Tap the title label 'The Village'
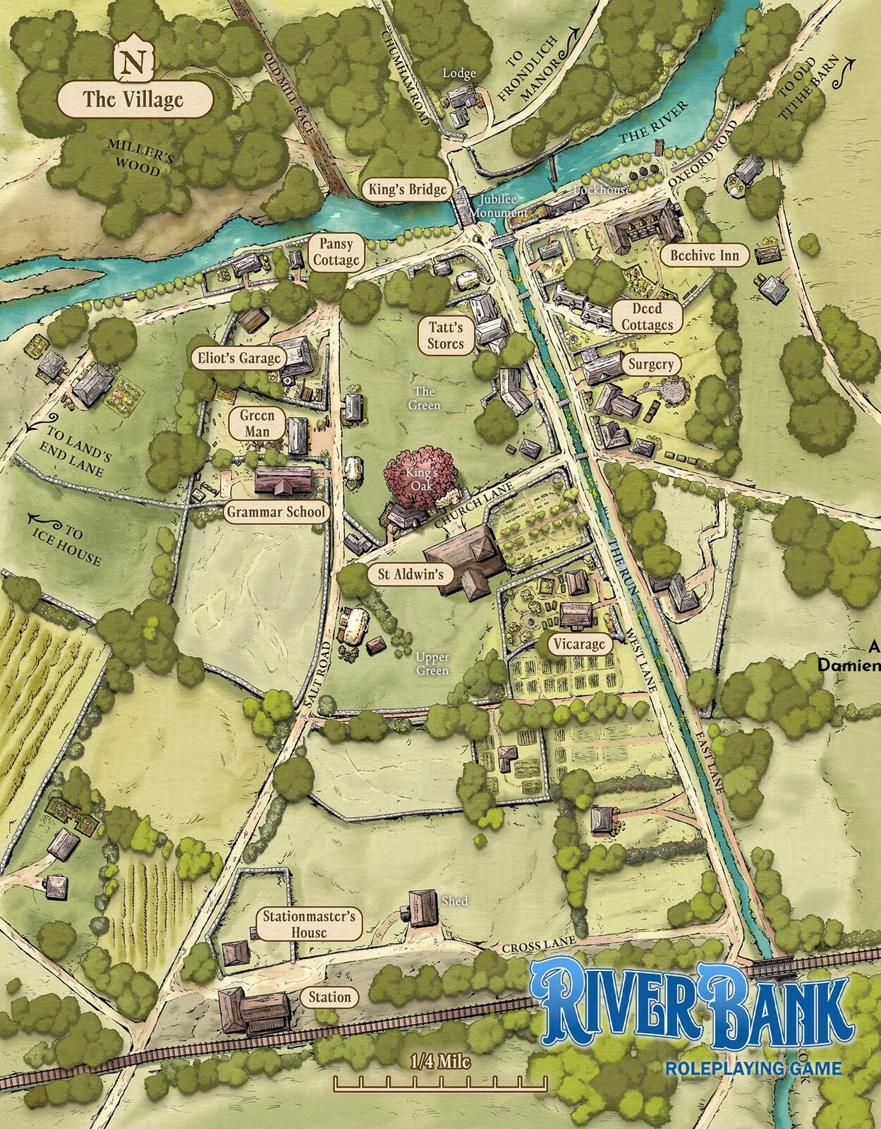133,99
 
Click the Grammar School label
276,512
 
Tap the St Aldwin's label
411,574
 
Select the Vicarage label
579,644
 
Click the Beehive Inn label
705,255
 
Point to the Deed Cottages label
646,317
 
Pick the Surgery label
650,364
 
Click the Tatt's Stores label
446,335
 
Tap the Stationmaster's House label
310,924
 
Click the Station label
329,997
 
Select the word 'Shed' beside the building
455,901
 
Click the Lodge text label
459,73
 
